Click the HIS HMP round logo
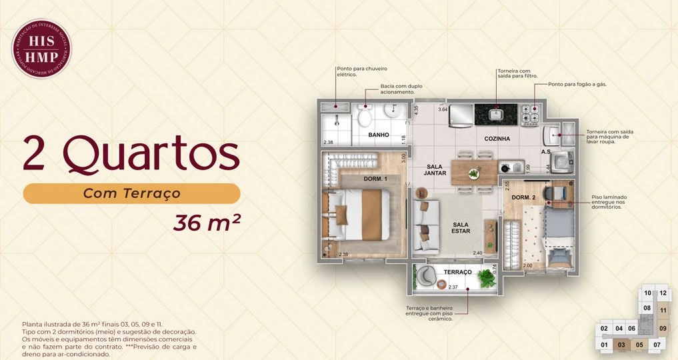click(41, 49)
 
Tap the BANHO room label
click(379, 135)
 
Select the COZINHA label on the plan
click(497, 139)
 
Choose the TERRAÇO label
click(458, 272)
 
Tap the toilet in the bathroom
click(365, 117)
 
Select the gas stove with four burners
click(531, 115)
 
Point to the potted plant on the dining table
click(473, 173)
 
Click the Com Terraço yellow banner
click(131, 193)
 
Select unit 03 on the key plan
click(621, 345)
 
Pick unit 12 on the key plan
click(663, 293)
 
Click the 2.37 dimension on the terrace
click(453, 287)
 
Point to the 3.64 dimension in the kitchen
click(443, 109)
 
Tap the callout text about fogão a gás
click(577, 85)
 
